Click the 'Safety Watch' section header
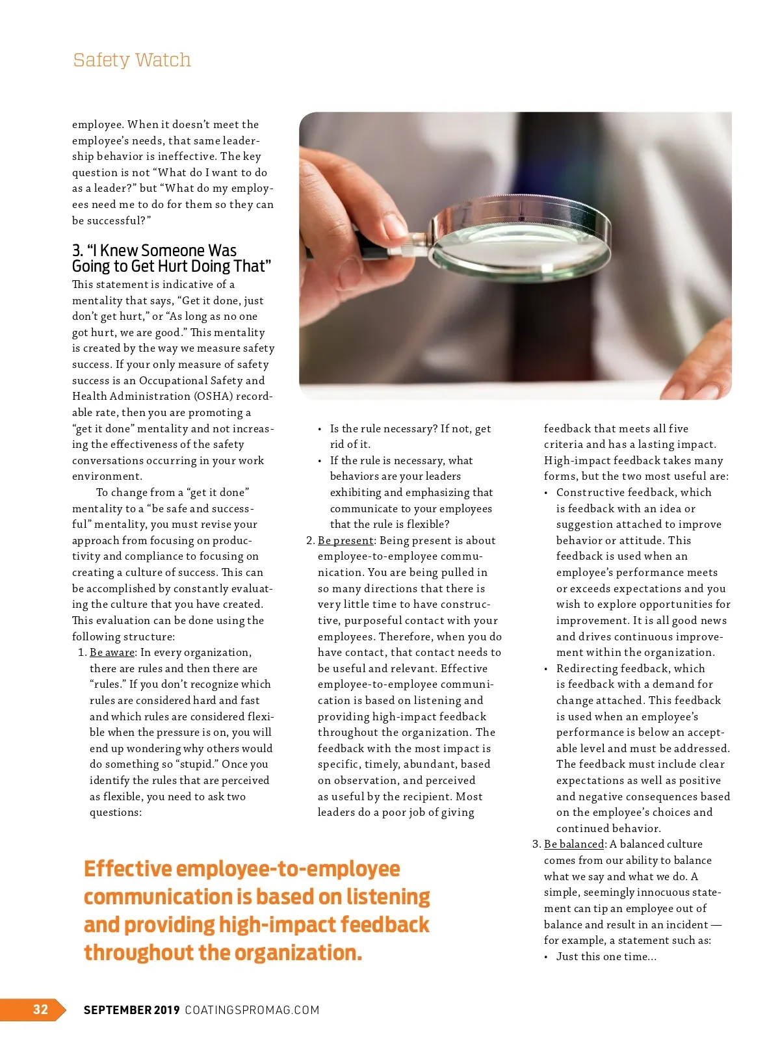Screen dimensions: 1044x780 point(132,60)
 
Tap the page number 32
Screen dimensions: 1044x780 point(40,1009)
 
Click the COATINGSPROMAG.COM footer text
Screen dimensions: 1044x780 point(252,1010)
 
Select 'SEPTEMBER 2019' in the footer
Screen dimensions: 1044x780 point(131,1010)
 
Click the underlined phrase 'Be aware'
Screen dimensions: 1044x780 point(112,652)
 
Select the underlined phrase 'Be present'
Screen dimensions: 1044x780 point(346,540)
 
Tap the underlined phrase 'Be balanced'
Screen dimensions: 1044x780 point(574,844)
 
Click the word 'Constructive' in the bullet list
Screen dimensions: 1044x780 point(588,492)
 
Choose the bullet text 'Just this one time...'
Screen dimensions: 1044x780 point(606,956)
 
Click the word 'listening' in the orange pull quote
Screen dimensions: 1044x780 point(388,897)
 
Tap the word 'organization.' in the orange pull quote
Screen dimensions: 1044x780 point(298,953)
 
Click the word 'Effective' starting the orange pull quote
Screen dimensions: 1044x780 point(127,869)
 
